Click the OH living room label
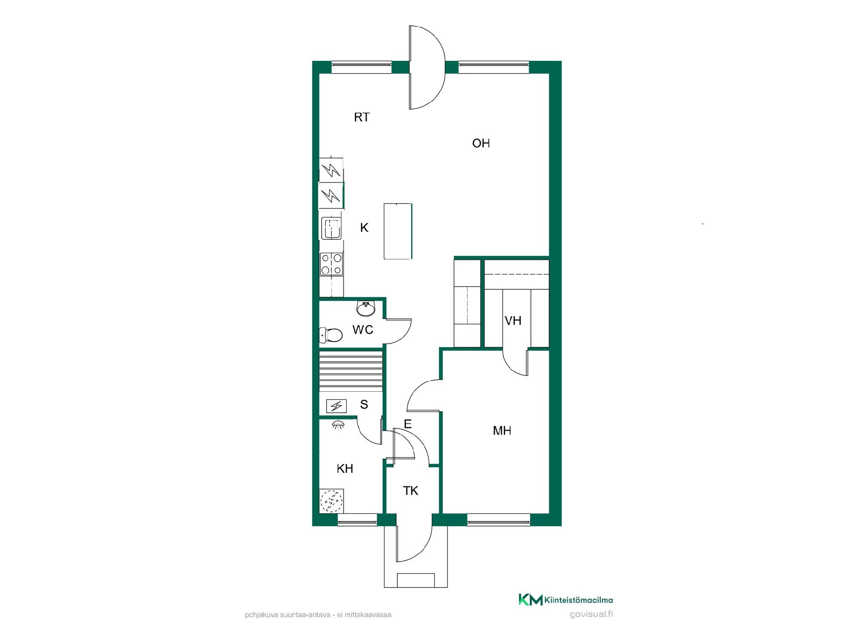tap(481, 143)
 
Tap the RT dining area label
tap(362, 117)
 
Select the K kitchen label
tap(364, 228)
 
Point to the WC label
tap(363, 330)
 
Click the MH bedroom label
tap(502, 431)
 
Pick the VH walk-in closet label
tap(513, 321)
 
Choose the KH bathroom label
tap(345, 468)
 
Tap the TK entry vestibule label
tap(411, 491)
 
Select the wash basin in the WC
tap(366, 309)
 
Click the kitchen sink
tap(332, 228)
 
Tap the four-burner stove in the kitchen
tap(332, 264)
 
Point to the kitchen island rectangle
tap(398, 231)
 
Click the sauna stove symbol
tap(336, 406)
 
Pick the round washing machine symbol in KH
tap(332, 500)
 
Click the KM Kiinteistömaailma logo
tap(566, 600)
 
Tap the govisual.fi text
tap(591, 614)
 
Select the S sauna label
tap(364, 404)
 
